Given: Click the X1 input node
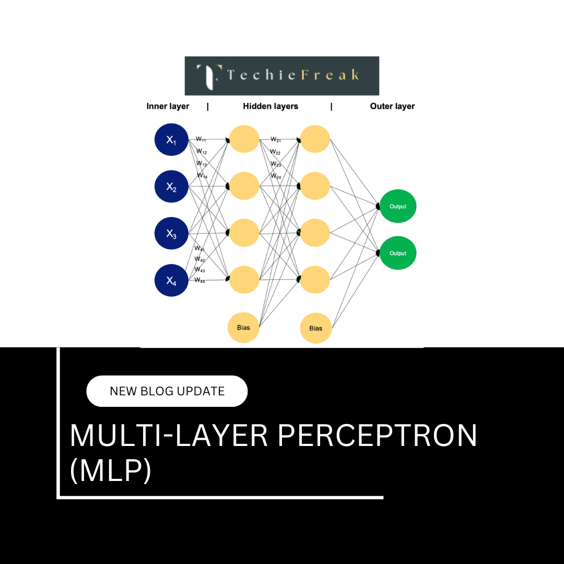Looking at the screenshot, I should click(171, 139).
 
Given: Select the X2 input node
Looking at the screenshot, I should click(171, 186).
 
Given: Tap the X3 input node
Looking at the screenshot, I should click(171, 233).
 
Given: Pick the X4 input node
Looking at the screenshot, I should click(171, 280).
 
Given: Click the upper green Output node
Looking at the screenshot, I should click(398, 206).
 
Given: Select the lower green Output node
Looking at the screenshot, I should click(398, 253).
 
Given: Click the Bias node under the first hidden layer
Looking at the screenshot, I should click(243, 328).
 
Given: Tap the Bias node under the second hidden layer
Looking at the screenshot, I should click(316, 328).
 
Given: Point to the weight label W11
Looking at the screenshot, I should click(201, 139).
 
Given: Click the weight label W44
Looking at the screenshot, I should click(200, 280).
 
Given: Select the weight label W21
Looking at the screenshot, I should click(276, 139).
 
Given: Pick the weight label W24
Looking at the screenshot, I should click(276, 177).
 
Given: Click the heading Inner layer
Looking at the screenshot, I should click(168, 106).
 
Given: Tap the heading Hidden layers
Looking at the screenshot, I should click(271, 106).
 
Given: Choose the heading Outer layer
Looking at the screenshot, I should click(392, 106).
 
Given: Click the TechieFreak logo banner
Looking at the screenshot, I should click(282, 76).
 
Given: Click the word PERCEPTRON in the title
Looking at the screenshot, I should click(377, 435).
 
